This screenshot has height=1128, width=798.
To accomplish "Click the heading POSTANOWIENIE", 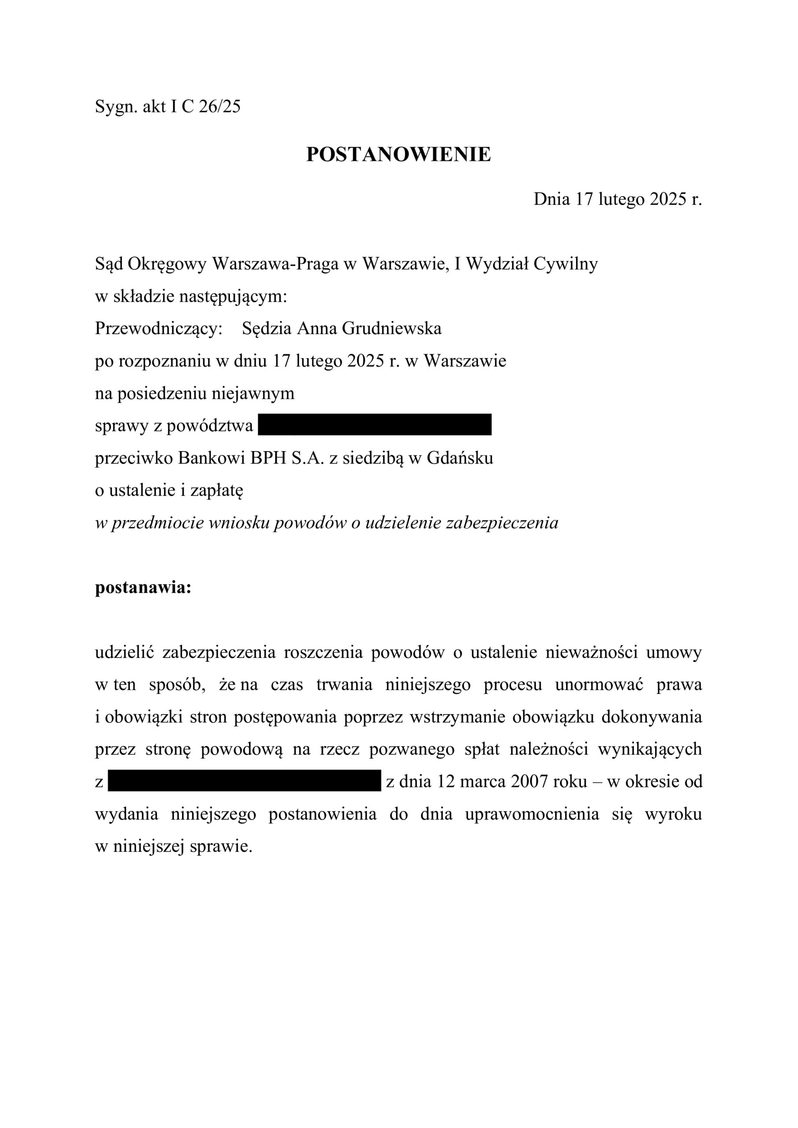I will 398,154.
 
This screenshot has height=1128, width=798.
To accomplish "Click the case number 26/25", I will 219,107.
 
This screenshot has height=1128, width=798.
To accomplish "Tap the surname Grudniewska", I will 392,328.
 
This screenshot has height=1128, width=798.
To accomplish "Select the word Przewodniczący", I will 159,329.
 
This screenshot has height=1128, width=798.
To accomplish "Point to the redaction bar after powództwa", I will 375,425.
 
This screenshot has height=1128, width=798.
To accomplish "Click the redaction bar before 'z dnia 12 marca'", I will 244,781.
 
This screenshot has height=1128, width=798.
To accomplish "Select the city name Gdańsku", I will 460,458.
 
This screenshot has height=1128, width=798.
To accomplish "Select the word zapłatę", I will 217,490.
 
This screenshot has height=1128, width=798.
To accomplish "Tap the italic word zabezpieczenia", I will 502,523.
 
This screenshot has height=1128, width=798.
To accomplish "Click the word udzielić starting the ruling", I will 125,653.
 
